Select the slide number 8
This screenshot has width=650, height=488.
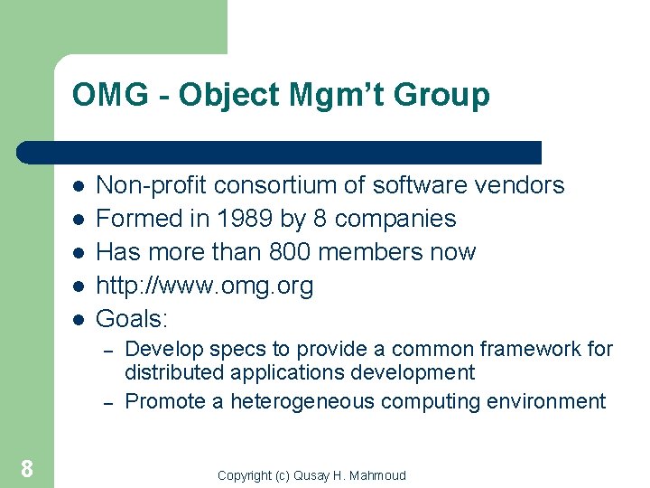point(27,468)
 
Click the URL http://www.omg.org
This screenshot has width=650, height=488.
point(204,286)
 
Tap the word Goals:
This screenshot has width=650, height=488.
point(133,318)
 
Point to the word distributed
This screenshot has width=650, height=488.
point(172,372)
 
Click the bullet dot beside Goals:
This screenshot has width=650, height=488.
point(79,319)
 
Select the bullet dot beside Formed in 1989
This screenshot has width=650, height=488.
point(79,219)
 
